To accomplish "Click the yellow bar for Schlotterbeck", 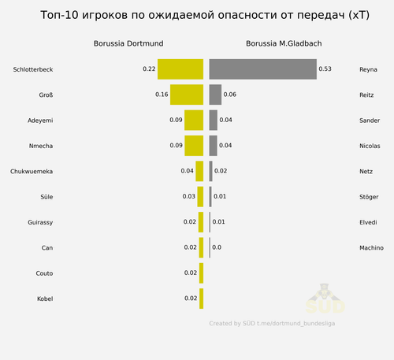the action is click(x=180, y=69).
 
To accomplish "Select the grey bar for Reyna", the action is click(x=263, y=69).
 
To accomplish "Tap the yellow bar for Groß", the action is click(x=187, y=95).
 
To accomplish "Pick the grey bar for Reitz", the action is click(x=215, y=95).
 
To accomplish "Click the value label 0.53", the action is click(x=325, y=69).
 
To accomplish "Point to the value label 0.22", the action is click(x=149, y=69).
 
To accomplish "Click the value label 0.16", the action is click(x=162, y=95).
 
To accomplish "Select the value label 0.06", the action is click(x=230, y=95).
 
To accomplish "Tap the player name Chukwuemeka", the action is click(x=32, y=172).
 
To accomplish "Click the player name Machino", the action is click(x=371, y=247).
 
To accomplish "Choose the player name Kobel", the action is click(x=45, y=299).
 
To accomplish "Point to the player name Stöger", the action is click(x=369, y=197).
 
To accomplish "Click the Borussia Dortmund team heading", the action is click(x=128, y=43).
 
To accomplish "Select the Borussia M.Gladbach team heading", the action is click(x=284, y=43).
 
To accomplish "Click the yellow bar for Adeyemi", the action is click(x=194, y=120).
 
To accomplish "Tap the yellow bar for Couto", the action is click(x=201, y=273).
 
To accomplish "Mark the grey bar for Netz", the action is click(x=210, y=171).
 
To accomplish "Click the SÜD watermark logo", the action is click(x=325, y=299).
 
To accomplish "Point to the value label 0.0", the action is click(x=217, y=247).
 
